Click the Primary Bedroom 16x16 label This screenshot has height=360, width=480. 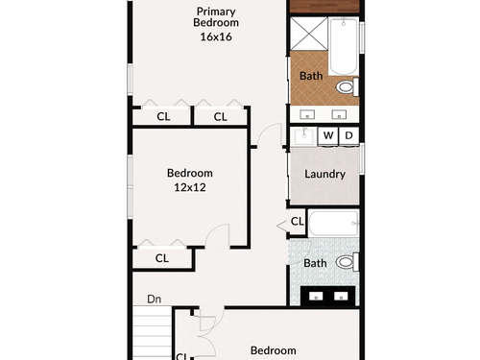pos(216,24)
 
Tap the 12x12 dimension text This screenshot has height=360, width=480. pos(190,187)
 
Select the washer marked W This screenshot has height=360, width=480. pos(328,135)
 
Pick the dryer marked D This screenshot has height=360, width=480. pos(348,135)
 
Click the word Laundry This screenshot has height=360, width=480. pos(324,175)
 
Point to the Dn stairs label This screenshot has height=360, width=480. pos(154,300)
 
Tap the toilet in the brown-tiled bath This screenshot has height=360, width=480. pos(348,86)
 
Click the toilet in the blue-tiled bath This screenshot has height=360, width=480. pos(348,262)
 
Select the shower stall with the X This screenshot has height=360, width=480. pos(308,34)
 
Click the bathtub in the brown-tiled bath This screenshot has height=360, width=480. pos(343,46)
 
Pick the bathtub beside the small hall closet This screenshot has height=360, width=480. pos(333,224)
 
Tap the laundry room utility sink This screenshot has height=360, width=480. pos(304,136)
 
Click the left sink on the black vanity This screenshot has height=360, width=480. pos(316,297)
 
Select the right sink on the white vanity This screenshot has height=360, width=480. pos(339,114)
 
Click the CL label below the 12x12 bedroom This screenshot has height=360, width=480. pos(162,258)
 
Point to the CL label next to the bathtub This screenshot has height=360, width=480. pos(297,221)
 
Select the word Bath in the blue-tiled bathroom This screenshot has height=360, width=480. pos(315,263)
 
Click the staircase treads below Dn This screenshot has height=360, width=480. pos(153,333)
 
